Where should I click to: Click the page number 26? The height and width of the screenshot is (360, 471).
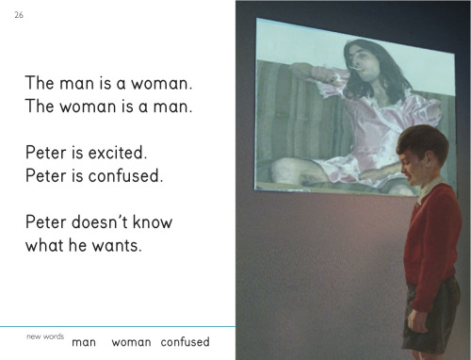(x=19, y=15)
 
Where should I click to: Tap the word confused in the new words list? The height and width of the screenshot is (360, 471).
(x=185, y=342)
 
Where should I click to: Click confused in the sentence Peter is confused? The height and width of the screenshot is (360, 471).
(x=125, y=175)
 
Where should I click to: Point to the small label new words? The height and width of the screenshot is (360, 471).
(x=45, y=336)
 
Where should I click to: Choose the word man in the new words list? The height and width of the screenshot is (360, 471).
(x=84, y=342)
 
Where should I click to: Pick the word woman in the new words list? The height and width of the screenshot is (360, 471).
(x=131, y=342)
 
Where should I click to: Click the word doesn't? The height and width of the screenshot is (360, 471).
(x=100, y=222)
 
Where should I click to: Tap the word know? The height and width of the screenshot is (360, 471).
(x=153, y=222)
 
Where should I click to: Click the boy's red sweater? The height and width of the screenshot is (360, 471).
(x=431, y=245)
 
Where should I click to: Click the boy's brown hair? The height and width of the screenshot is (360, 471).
(x=422, y=141)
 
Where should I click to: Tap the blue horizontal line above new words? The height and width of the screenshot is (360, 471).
(x=118, y=327)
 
